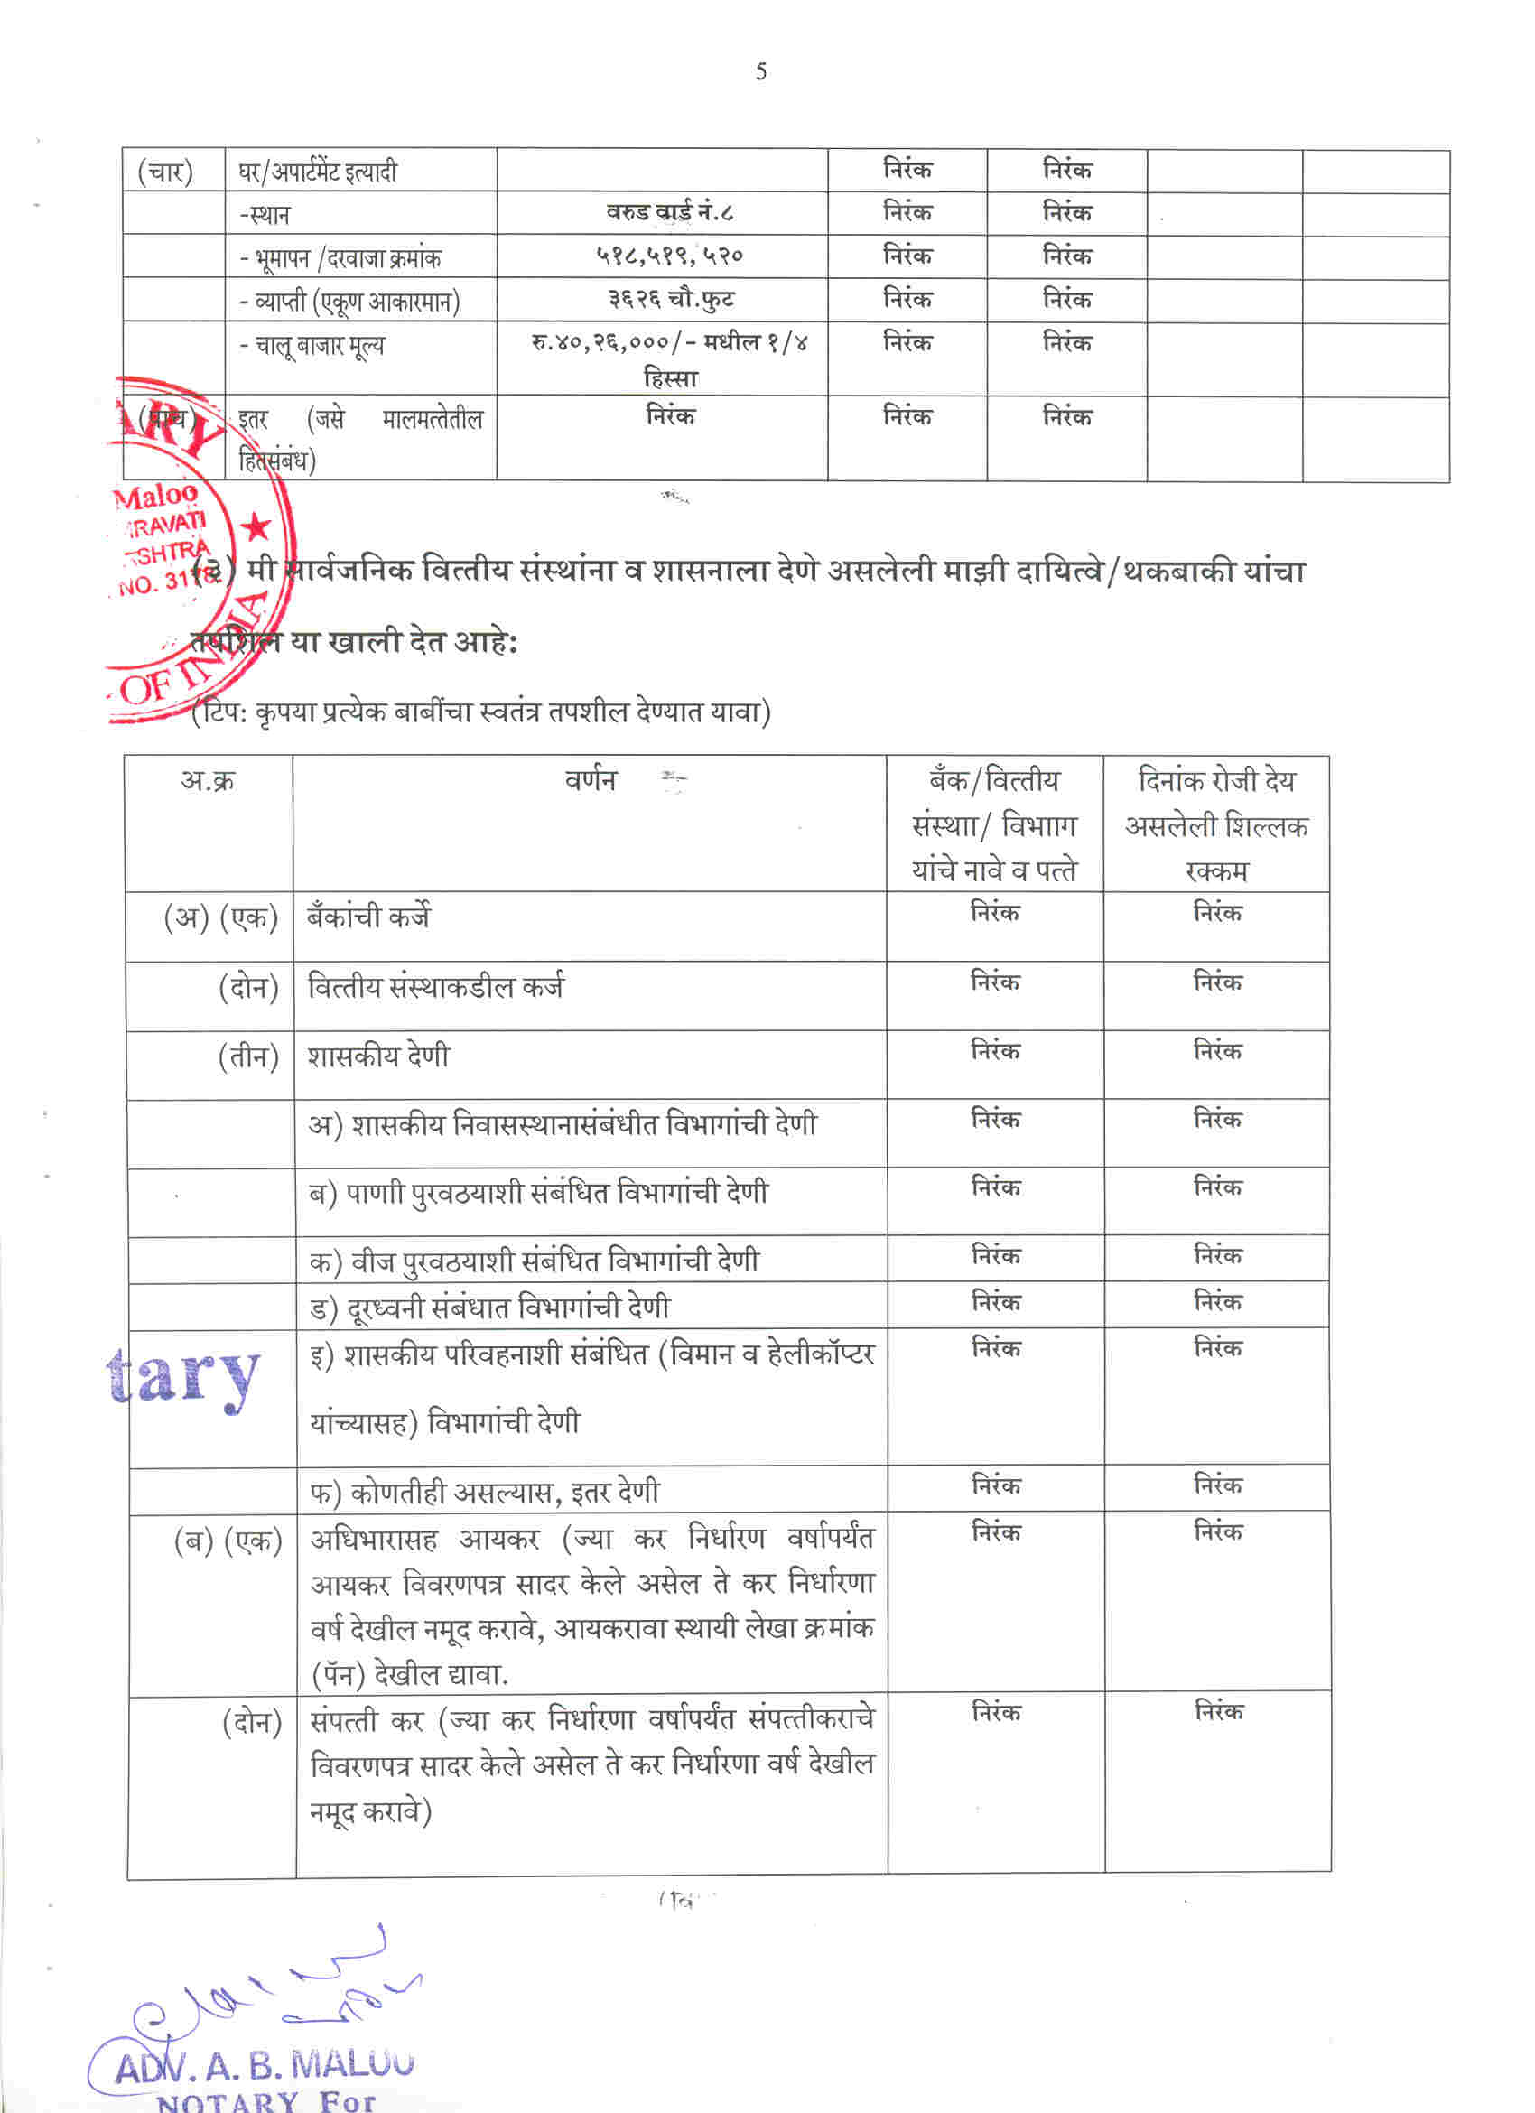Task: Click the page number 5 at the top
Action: (x=761, y=71)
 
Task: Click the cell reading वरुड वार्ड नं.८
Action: (x=669, y=212)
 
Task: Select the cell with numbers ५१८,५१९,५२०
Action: (x=669, y=256)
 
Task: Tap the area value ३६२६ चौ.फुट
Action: (x=671, y=299)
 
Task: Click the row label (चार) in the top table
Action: (x=165, y=172)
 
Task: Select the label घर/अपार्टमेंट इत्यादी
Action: (x=318, y=172)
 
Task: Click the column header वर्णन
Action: (x=591, y=779)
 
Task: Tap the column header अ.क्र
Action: (x=208, y=780)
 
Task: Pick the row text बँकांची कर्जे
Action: (x=368, y=917)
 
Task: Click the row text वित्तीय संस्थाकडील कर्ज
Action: (x=435, y=987)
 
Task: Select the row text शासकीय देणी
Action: (x=378, y=1056)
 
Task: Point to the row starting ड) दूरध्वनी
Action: (x=489, y=1308)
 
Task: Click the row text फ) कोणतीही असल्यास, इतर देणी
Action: (x=484, y=1493)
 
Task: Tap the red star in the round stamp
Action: (x=256, y=528)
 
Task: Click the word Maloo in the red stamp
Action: (x=156, y=495)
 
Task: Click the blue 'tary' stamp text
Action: (x=183, y=1376)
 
